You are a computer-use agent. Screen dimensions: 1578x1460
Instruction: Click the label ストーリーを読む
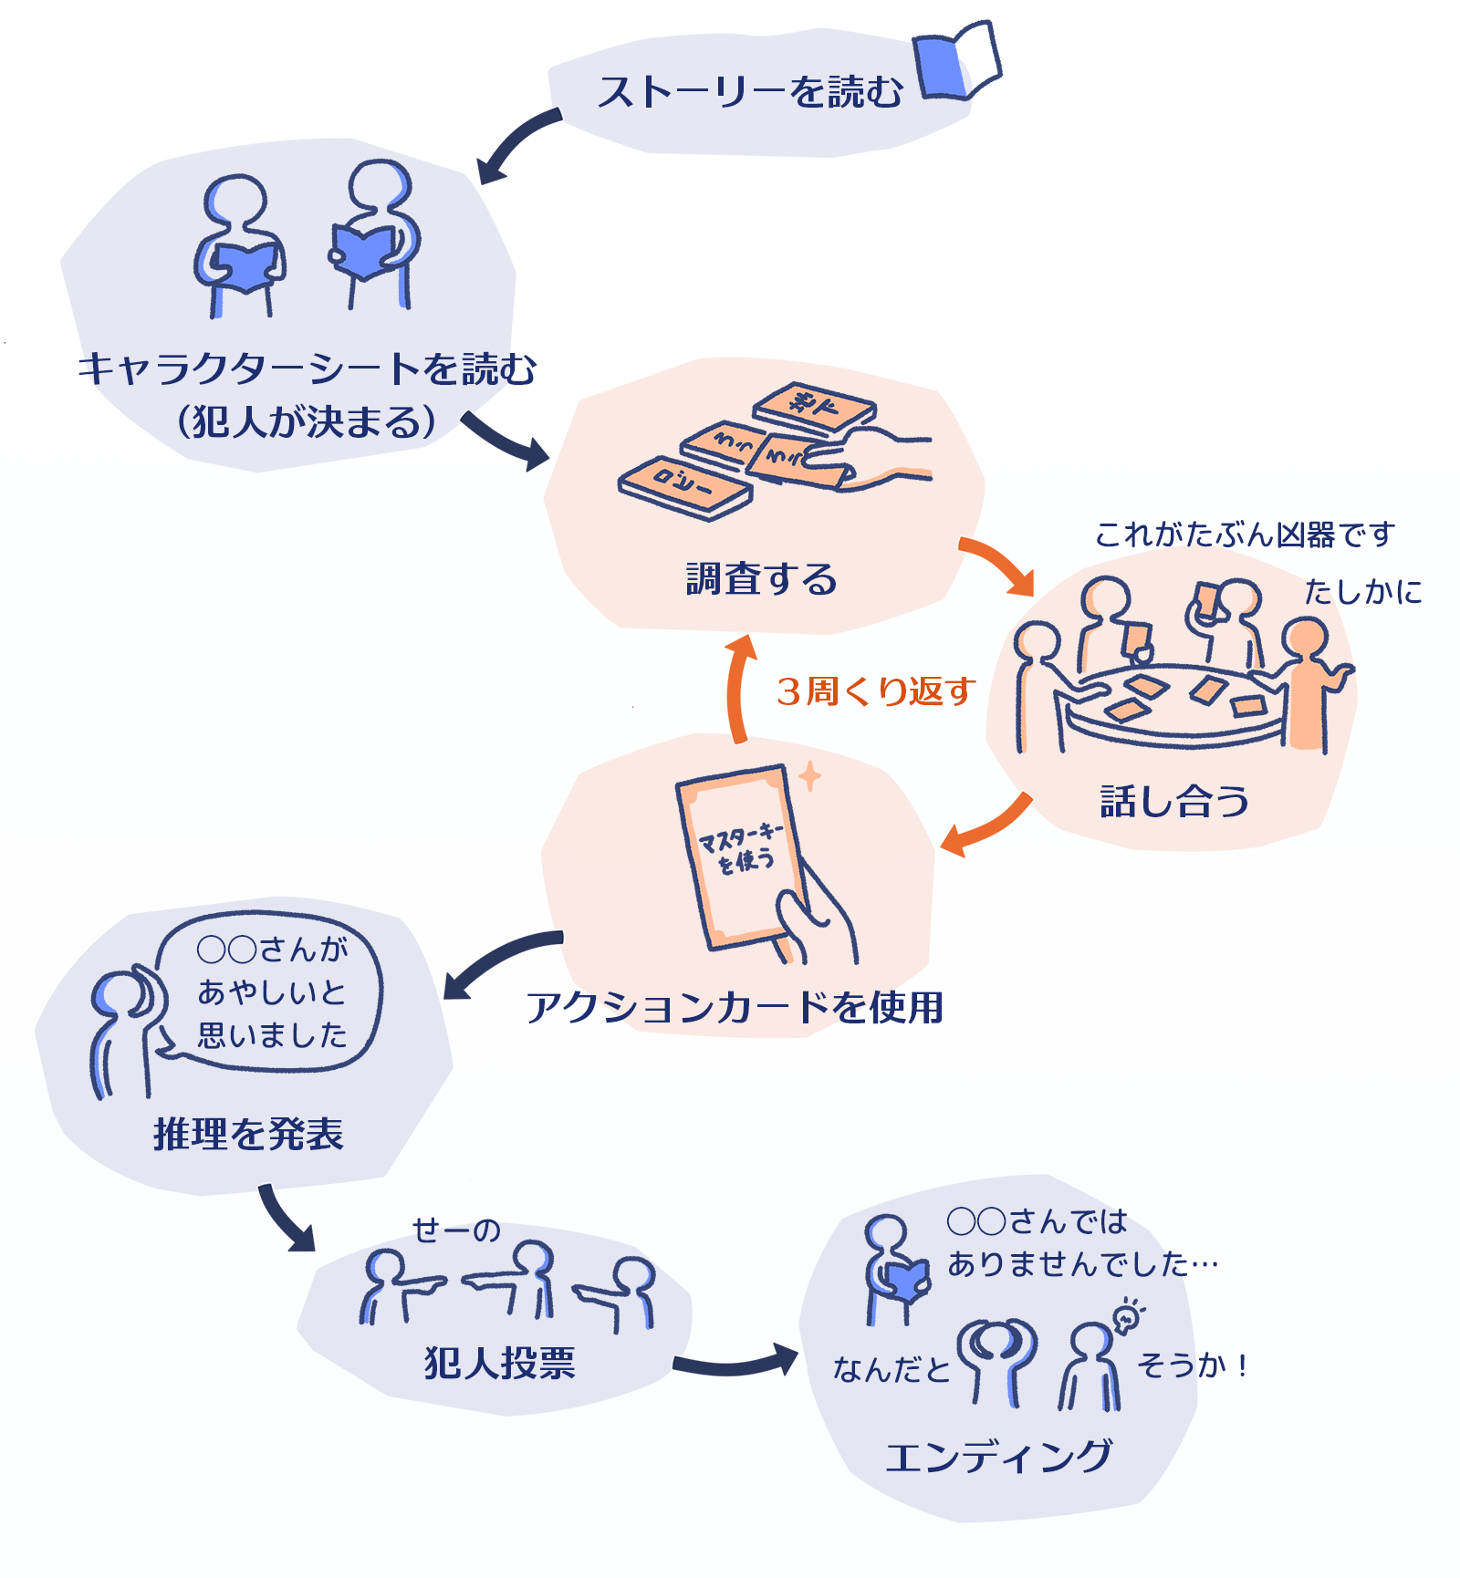click(x=750, y=92)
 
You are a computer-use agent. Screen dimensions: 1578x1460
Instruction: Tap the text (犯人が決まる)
click(x=308, y=421)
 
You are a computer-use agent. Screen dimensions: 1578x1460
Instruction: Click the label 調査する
click(x=761, y=579)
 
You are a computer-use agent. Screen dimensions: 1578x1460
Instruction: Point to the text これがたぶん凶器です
click(x=1245, y=535)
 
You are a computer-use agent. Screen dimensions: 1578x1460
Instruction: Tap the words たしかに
click(x=1362, y=592)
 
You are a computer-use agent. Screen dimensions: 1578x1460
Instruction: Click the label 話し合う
click(x=1174, y=802)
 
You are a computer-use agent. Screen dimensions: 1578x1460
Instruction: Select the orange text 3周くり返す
click(x=876, y=691)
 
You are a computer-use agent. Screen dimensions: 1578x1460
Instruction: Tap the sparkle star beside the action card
click(x=809, y=776)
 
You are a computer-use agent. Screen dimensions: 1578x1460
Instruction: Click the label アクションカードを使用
click(x=735, y=1008)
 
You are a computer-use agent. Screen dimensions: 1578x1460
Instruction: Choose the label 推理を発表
click(x=248, y=1134)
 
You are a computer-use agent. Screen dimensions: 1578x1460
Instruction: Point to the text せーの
click(x=456, y=1230)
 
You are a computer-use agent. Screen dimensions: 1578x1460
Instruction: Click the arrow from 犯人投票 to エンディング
click(x=735, y=1363)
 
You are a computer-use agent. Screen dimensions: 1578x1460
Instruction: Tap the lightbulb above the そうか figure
click(x=1128, y=1316)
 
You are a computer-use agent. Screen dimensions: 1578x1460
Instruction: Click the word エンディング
click(x=998, y=1457)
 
